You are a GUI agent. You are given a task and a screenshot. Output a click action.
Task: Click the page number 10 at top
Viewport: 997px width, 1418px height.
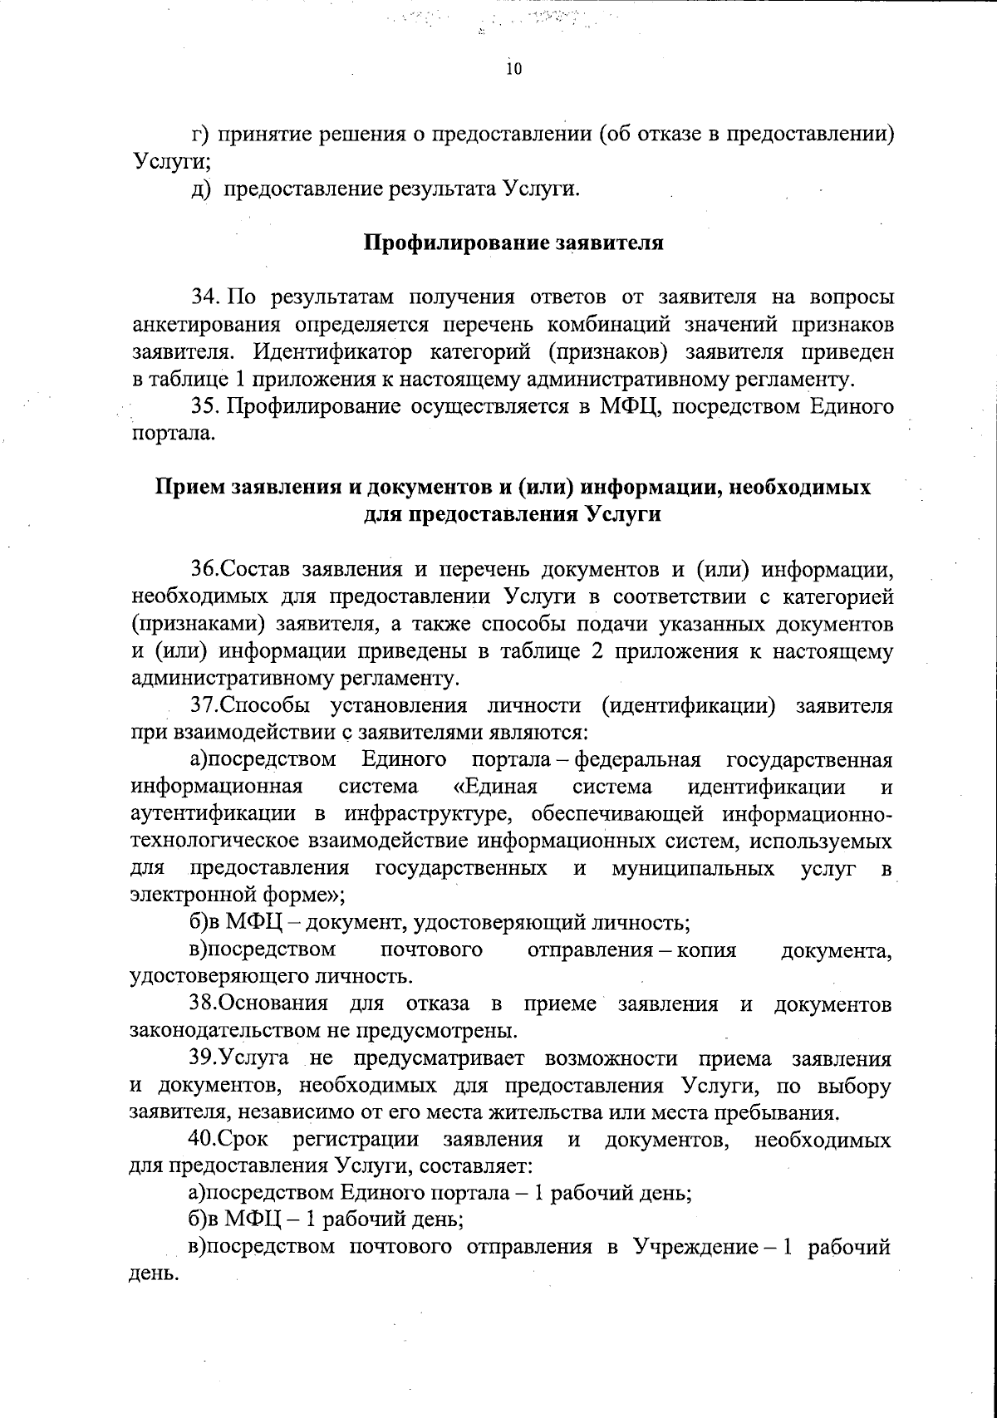click(x=513, y=70)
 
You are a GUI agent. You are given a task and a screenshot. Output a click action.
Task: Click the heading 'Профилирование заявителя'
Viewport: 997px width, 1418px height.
click(x=513, y=243)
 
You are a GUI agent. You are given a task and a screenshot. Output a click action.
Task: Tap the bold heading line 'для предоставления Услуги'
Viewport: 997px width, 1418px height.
click(x=513, y=514)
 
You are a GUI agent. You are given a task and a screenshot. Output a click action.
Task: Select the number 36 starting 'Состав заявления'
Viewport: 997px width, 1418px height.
click(x=204, y=570)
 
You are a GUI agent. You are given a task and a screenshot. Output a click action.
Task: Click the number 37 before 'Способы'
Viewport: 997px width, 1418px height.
click(x=204, y=706)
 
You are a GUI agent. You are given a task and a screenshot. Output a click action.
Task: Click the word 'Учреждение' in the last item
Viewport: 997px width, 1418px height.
click(x=693, y=1248)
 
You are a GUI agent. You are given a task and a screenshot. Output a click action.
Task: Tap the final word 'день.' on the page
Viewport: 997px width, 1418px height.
click(x=155, y=1274)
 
